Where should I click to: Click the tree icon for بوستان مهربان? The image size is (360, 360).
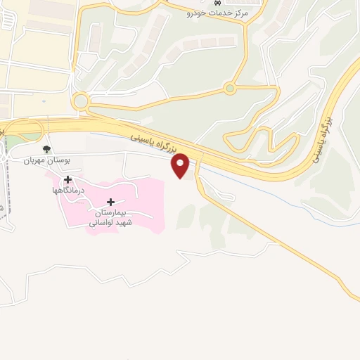point(46,149)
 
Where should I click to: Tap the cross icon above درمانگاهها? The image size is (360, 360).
point(67,179)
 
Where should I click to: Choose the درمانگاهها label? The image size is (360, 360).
point(68,190)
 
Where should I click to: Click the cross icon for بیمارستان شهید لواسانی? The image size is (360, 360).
point(110,202)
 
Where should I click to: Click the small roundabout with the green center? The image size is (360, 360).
point(229,89)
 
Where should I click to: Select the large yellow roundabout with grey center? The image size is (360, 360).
point(81,101)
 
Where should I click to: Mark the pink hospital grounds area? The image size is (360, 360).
point(141,204)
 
